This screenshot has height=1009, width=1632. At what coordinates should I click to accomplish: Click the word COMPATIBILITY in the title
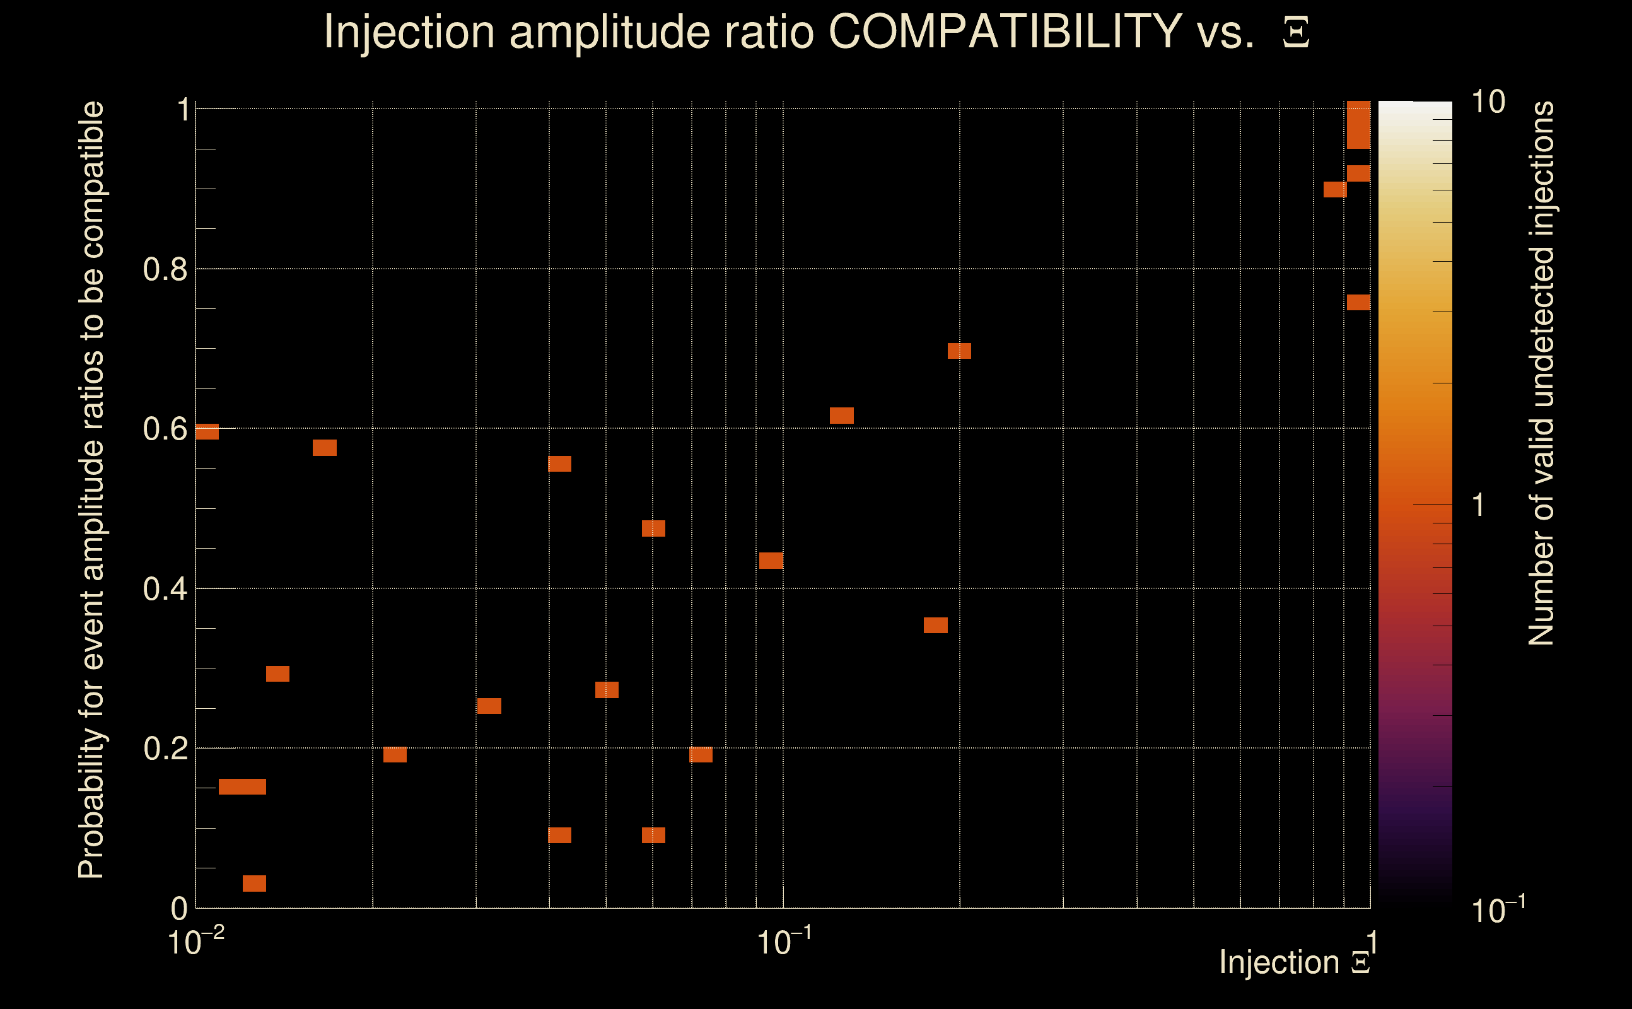pos(1005,32)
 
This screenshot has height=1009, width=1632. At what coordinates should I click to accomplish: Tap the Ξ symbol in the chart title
pos(1296,33)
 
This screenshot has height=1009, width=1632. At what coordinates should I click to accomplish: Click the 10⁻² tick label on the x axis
pos(195,942)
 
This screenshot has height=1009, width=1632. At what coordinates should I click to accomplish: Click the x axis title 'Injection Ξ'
pos(1294,962)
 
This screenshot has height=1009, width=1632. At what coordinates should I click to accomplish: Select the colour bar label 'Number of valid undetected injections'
pos(1541,374)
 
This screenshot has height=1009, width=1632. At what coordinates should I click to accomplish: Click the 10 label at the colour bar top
pos(1488,103)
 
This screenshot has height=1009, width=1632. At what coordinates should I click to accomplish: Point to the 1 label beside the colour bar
pos(1479,505)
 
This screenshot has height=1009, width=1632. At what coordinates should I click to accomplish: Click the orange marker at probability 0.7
pos(959,351)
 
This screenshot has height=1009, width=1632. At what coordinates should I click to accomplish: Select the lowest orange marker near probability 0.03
pos(254,884)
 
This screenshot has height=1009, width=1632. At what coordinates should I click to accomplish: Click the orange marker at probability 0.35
pos(935,626)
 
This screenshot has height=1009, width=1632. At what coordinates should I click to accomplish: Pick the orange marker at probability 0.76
pos(1358,302)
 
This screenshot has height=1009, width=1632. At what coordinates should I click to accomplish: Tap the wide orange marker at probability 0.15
pos(242,787)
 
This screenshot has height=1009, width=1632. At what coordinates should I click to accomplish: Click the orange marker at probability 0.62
pos(841,415)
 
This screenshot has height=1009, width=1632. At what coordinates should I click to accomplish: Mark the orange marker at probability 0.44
pos(771,561)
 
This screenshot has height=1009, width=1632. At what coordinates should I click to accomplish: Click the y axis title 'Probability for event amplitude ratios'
pos(91,491)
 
